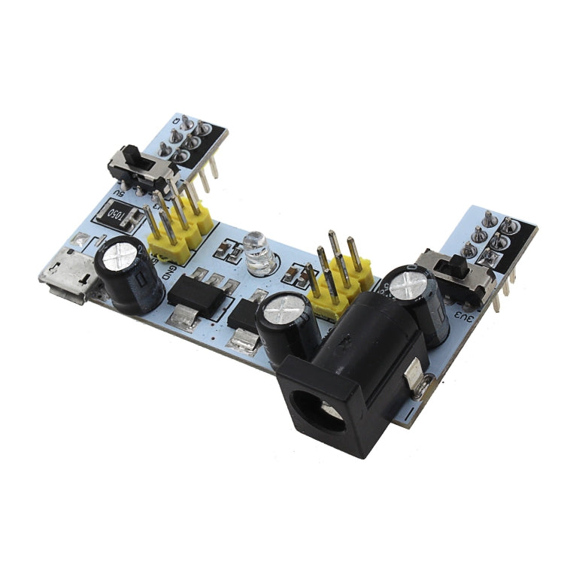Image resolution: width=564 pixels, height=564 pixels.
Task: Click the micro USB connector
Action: point(68,280)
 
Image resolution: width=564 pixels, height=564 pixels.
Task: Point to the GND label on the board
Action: point(172,266)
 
